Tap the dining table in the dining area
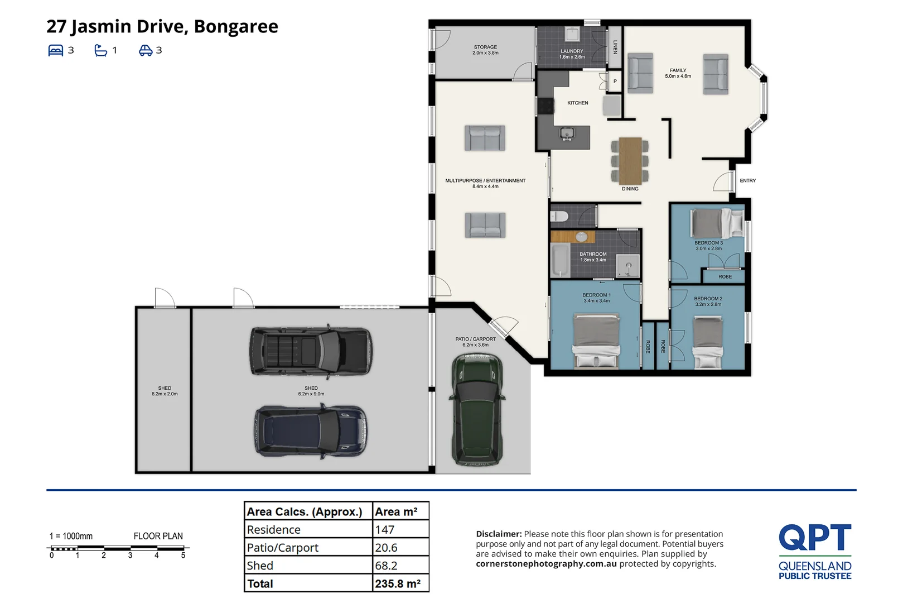click(x=630, y=161)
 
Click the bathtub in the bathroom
click(x=561, y=260)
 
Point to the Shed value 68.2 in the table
click(x=386, y=566)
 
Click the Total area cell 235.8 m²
click(x=398, y=583)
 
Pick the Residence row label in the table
click(x=274, y=529)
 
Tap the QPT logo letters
click(x=815, y=537)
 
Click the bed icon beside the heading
click(x=56, y=50)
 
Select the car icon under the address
click(x=146, y=50)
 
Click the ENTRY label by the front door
click(x=748, y=180)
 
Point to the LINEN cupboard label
click(x=615, y=47)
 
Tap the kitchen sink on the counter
click(x=567, y=133)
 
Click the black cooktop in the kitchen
click(x=545, y=107)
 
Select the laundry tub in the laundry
click(x=572, y=34)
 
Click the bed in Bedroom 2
click(x=708, y=342)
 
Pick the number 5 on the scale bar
click(x=183, y=556)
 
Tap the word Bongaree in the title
click(x=236, y=27)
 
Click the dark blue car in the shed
click(x=311, y=431)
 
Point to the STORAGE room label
click(x=485, y=47)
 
